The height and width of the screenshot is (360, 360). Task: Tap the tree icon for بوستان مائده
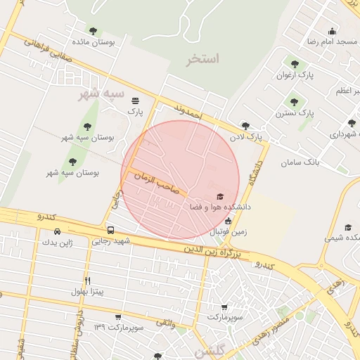[93, 31]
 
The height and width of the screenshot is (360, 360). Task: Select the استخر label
[203, 58]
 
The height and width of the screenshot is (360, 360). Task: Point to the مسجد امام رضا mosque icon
[333, 31]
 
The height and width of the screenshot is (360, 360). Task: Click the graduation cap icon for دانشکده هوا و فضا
[219, 196]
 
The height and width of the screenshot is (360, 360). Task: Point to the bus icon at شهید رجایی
[111, 230]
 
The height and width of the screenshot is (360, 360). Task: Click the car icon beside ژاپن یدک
[57, 231]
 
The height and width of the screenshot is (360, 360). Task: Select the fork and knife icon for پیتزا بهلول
[87, 280]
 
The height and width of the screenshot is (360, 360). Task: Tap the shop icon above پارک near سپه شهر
[134, 100]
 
